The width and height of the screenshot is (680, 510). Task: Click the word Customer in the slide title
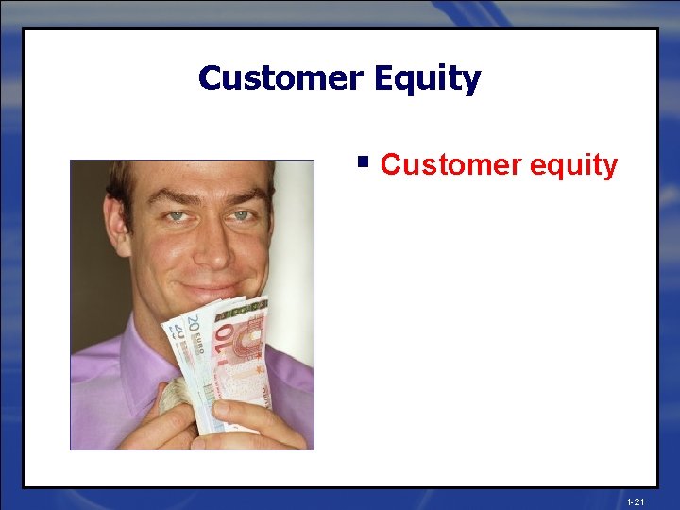click(280, 77)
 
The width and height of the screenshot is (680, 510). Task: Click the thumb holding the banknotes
click(231, 416)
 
